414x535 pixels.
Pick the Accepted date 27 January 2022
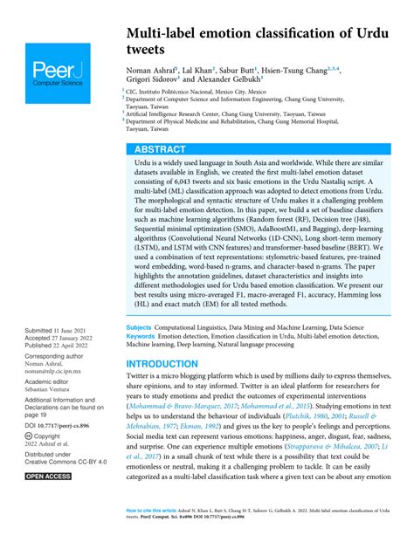point(79,340)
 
